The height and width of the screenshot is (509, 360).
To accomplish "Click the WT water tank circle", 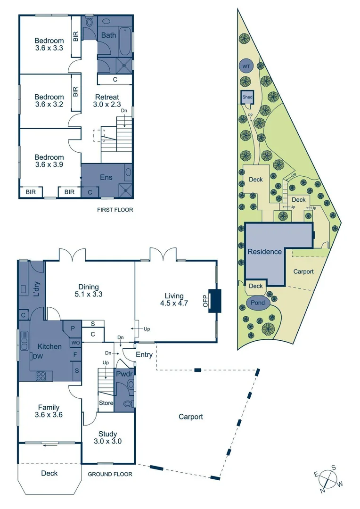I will tap(245, 66).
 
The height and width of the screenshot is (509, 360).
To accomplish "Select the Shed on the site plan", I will tap(247, 97).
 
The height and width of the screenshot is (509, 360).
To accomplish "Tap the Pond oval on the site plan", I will tap(257, 303).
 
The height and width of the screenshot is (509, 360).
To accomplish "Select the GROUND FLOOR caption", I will tap(110, 474).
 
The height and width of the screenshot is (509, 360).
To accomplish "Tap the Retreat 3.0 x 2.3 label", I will tap(106, 101).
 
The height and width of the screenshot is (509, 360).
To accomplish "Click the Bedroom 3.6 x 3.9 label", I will tap(49, 161).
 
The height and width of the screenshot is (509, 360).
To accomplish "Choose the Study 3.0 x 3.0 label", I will tap(108, 437).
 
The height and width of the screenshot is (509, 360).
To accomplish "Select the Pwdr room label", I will tap(125, 374).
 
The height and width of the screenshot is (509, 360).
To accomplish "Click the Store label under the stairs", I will tap(105, 403).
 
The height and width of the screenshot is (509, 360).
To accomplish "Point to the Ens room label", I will tap(106, 178).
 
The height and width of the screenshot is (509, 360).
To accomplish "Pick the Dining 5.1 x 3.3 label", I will tap(89, 290).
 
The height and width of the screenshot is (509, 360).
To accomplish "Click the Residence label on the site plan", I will tap(265, 252).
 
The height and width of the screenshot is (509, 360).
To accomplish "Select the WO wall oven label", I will tap(75, 343).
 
